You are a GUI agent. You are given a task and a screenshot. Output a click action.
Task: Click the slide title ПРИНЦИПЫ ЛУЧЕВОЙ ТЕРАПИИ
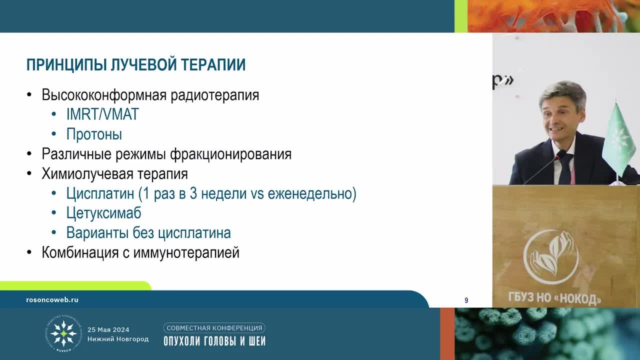tap(135, 65)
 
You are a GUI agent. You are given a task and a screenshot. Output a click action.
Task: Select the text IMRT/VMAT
tap(102, 114)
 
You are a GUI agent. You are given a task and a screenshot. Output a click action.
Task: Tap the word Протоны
tap(94, 134)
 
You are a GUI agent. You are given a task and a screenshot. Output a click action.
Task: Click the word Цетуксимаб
tap(103, 213)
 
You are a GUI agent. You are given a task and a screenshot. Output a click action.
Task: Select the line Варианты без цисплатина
tap(148, 233)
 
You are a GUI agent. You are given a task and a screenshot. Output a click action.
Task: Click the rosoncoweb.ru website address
tap(52, 300)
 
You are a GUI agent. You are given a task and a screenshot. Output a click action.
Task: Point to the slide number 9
tap(466, 300)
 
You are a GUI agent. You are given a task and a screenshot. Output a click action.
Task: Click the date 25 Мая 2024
tap(108, 329)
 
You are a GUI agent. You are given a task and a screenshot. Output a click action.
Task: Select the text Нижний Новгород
tap(117, 339)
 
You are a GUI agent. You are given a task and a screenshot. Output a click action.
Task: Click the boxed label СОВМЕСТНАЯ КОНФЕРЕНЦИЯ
tap(214, 328)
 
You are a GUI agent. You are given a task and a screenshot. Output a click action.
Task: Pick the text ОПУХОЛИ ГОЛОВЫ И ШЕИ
tap(214, 341)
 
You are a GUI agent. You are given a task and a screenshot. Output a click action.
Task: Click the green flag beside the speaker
tap(618, 137)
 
